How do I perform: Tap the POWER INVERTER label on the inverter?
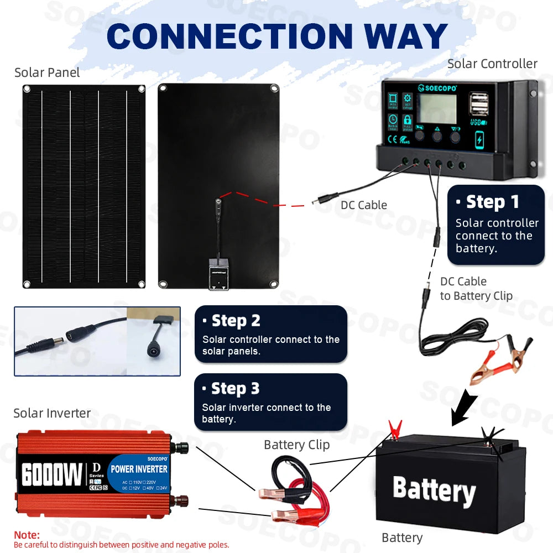coord(139,469)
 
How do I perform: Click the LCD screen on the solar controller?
coord(436,108)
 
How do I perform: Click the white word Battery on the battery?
coord(434,490)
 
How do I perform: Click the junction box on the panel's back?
coord(219,272)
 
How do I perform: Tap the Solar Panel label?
coord(47,72)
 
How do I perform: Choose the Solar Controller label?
coord(492,64)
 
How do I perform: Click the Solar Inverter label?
coord(52,413)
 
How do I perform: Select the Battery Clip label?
coord(296,445)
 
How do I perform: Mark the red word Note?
coord(27,535)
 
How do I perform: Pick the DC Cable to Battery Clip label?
coord(476,289)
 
